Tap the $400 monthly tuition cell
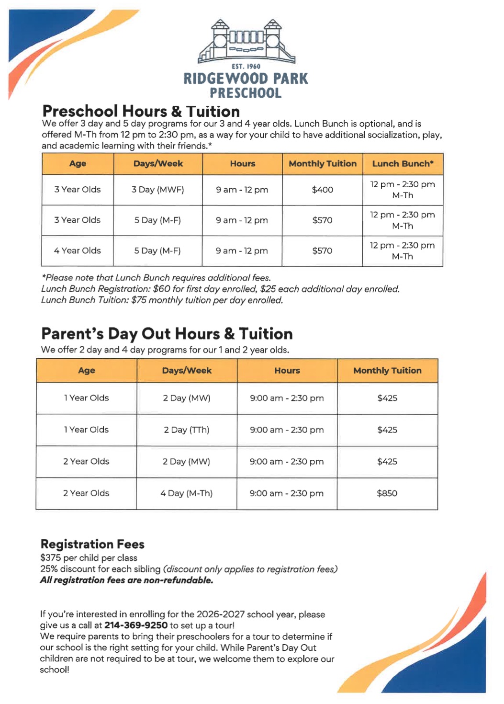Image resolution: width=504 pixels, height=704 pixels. (322, 190)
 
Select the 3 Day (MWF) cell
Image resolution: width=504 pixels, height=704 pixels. (157, 190)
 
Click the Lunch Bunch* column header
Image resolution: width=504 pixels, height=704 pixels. (403, 164)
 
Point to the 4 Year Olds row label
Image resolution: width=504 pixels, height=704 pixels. (77, 250)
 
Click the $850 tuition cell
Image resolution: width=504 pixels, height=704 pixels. (387, 493)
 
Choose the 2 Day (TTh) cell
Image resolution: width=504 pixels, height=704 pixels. (186, 430)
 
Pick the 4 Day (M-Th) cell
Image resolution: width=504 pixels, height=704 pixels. (186, 493)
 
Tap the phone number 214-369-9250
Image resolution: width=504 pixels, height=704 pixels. (136, 625)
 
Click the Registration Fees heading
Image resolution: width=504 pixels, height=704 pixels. (92, 544)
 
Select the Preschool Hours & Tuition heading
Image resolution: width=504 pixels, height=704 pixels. (141, 111)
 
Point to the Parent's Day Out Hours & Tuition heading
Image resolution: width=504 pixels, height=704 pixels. (167, 333)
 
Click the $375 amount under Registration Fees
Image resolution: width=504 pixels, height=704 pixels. (50, 558)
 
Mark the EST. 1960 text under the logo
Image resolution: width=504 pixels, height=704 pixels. (246, 67)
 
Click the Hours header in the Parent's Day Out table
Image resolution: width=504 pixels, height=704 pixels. (287, 371)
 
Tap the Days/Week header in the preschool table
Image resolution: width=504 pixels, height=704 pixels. (158, 164)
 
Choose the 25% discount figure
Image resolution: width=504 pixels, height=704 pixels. (49, 569)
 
